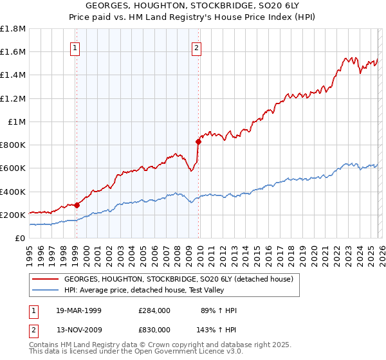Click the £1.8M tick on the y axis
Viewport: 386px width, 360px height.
[13, 29]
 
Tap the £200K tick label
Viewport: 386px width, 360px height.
[13, 215]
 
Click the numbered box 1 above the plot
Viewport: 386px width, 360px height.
[76, 47]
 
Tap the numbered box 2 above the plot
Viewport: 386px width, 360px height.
[196, 47]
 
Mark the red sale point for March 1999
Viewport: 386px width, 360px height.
[77, 205]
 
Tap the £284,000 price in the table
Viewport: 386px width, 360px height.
[154, 311]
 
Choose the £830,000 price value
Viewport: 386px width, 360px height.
[154, 329]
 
